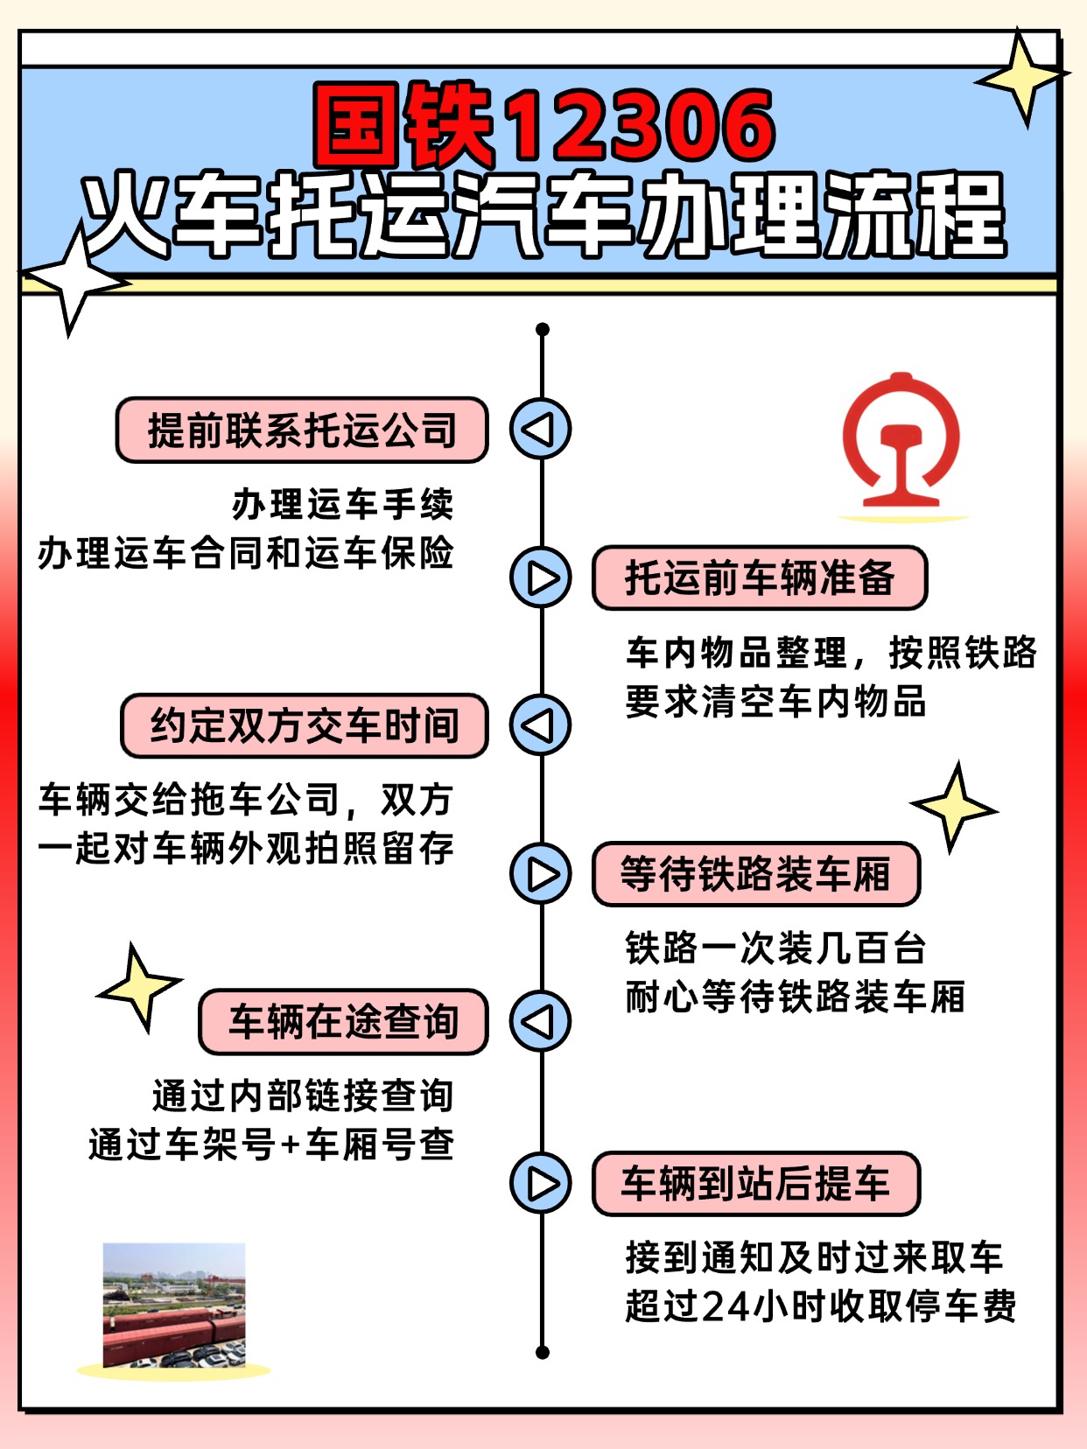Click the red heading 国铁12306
543,125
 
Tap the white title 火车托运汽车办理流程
543,215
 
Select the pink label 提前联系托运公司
302,430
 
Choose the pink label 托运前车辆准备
760,577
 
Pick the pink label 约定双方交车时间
305,725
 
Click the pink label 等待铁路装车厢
756,873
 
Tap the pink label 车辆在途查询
343,1021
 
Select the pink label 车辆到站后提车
756,1183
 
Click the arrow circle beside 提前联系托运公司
541,429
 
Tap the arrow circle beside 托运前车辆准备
541,577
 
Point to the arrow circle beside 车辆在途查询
541,1021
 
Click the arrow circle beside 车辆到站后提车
541,1183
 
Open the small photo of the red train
174,1305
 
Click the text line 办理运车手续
342,505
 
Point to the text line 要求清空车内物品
775,701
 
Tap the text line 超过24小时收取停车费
820,1305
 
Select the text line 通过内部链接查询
303,1095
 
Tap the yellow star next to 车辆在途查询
139,988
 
